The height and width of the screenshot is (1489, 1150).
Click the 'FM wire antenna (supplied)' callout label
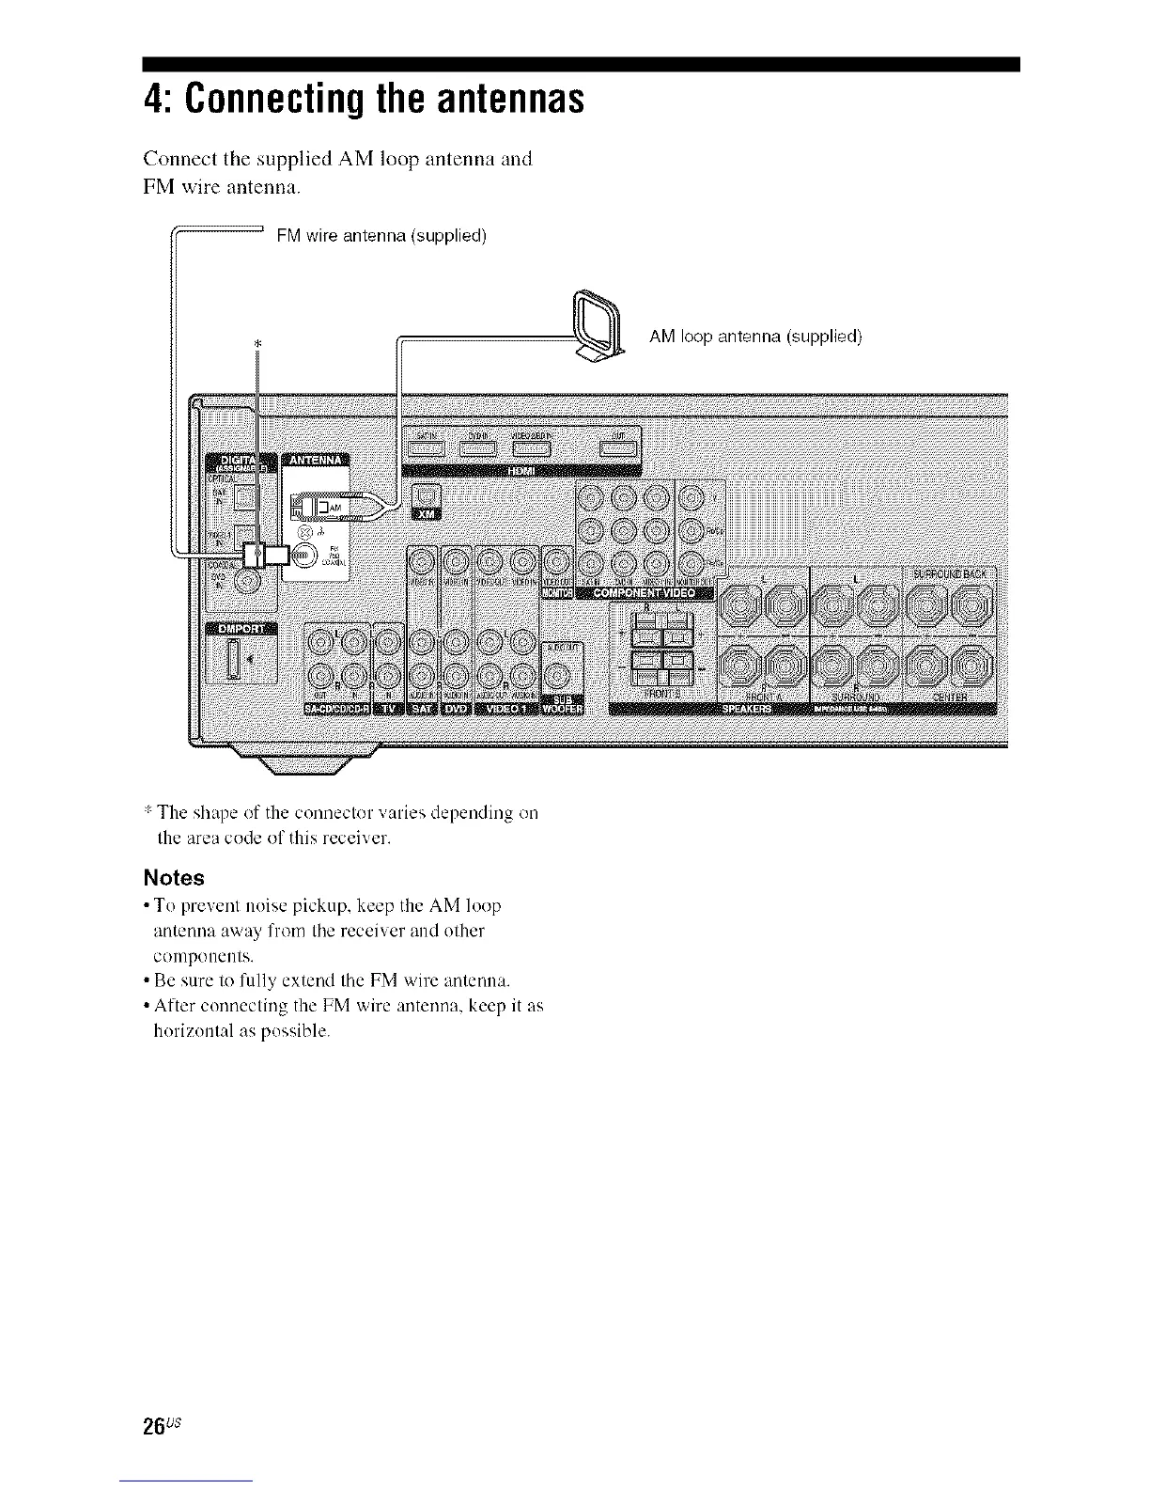[381, 235]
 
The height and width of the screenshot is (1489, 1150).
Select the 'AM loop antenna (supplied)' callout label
[755, 337]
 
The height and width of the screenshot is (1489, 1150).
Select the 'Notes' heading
[173, 878]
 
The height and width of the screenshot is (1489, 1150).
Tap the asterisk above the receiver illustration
[256, 344]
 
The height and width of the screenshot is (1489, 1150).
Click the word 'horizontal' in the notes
[184, 1030]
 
